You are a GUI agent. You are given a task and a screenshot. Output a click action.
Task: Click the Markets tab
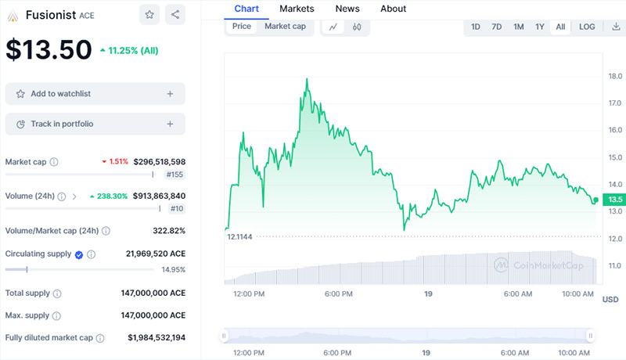click(297, 9)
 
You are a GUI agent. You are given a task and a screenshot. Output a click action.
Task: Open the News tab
click(347, 9)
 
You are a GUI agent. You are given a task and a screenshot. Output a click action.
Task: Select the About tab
click(393, 9)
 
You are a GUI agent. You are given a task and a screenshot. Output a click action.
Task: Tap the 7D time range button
click(497, 27)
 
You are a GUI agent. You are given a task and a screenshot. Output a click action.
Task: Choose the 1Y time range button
click(540, 27)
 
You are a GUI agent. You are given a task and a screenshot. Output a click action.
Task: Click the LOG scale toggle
click(587, 27)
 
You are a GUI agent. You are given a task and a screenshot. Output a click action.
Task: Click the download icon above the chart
click(616, 27)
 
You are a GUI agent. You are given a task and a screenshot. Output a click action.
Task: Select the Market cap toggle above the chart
click(285, 27)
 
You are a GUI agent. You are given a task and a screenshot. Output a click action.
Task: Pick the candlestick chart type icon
click(357, 27)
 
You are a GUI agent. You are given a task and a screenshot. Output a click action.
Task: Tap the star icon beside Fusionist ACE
click(149, 15)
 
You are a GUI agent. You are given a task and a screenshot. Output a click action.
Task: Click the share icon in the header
click(174, 15)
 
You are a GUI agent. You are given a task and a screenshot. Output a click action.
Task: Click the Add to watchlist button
click(95, 94)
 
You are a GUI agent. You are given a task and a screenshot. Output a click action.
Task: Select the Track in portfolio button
click(95, 124)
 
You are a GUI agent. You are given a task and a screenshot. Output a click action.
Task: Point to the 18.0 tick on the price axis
click(615, 76)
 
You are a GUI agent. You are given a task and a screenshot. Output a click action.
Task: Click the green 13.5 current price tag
click(614, 199)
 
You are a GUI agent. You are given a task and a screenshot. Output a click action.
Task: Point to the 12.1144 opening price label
click(239, 236)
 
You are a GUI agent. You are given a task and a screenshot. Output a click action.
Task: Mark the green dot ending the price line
click(595, 200)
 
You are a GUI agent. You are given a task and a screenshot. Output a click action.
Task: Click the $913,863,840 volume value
click(159, 196)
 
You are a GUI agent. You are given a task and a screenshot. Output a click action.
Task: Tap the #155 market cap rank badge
click(174, 175)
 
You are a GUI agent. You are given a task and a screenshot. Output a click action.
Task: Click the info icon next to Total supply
click(57, 293)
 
